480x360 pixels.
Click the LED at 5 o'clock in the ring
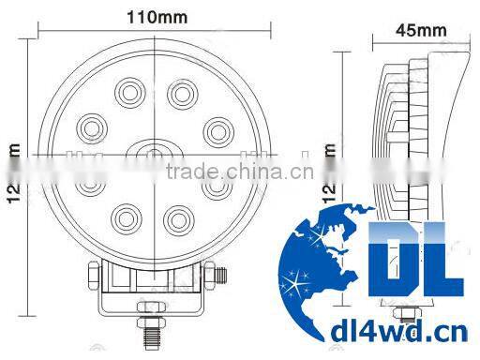pos(175,221)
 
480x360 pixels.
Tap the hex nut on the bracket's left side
pos(91,276)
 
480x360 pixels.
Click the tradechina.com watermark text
pos(229,173)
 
